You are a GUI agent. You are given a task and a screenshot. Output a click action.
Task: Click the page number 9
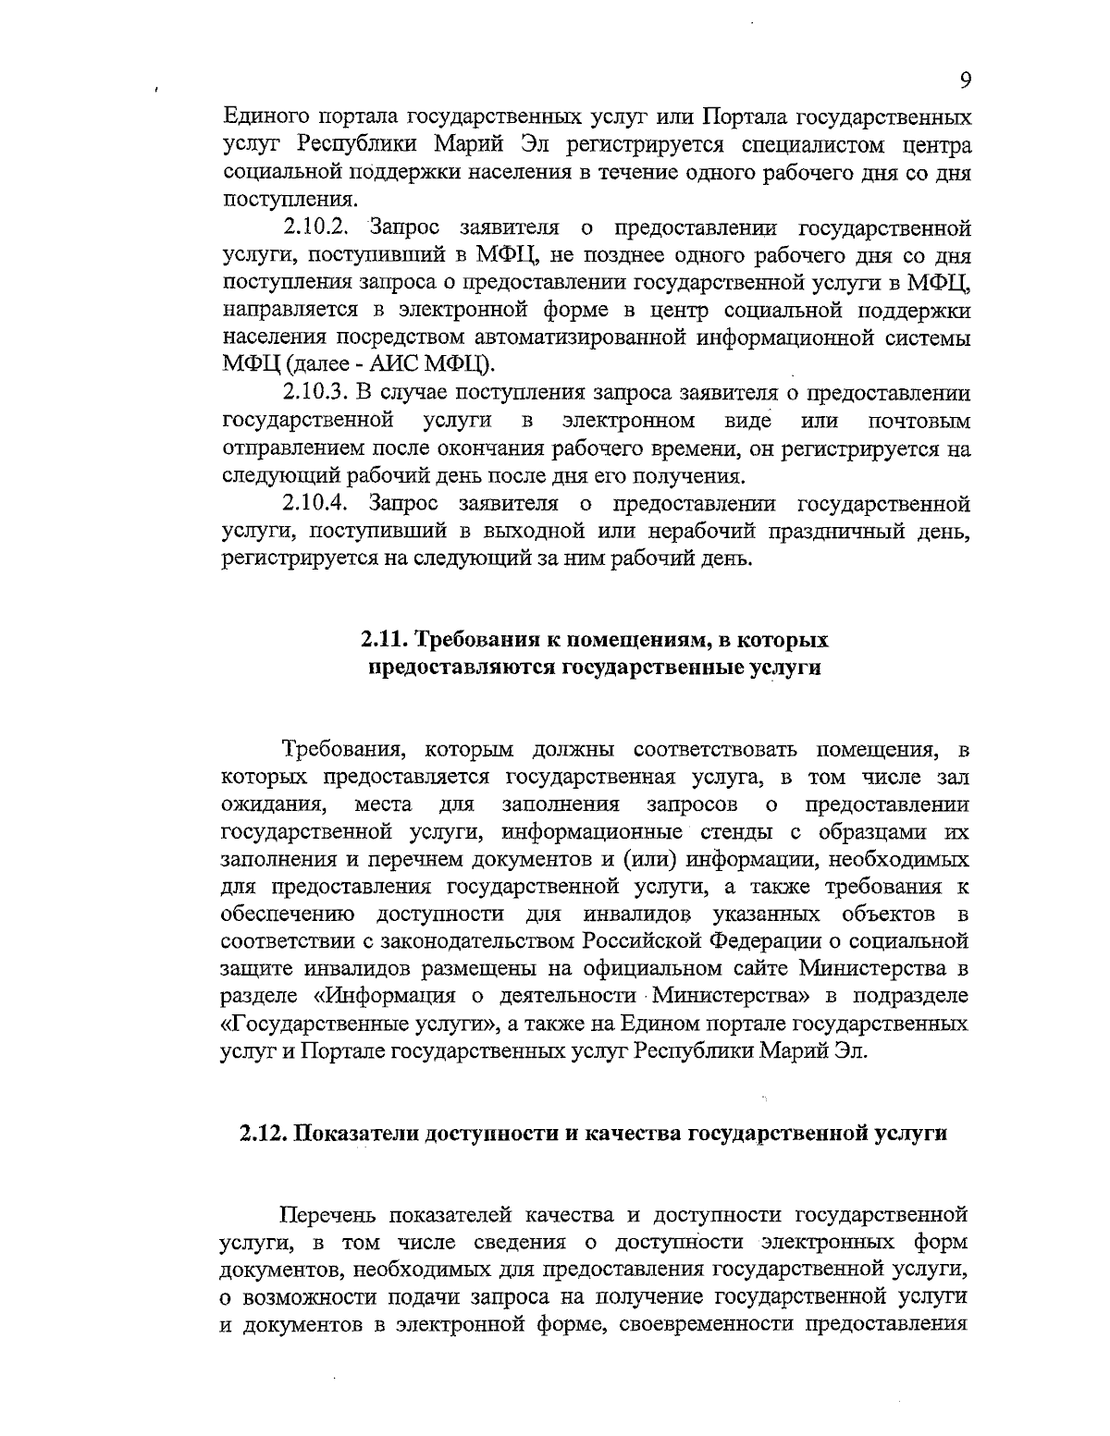click(x=965, y=80)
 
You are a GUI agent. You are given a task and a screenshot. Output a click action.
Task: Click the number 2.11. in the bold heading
click(x=384, y=640)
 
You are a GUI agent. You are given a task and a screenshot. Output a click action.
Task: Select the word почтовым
click(x=919, y=423)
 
